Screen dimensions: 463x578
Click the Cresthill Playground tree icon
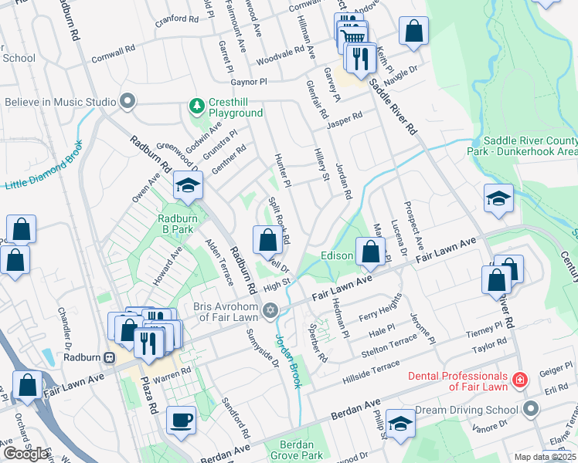(x=197, y=105)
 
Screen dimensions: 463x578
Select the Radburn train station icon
(x=110, y=358)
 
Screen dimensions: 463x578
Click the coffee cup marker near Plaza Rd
(x=182, y=421)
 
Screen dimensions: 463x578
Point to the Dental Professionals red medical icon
(x=519, y=380)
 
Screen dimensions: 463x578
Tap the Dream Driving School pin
(x=529, y=407)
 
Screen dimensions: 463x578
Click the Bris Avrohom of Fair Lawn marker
(x=270, y=310)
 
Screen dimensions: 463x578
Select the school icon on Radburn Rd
(x=188, y=185)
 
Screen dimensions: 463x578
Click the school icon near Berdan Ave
(x=400, y=423)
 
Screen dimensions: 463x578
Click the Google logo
(x=25, y=454)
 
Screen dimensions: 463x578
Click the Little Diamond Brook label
(x=43, y=167)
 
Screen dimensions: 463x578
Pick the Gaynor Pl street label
(x=246, y=80)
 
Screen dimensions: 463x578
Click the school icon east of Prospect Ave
(x=499, y=198)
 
